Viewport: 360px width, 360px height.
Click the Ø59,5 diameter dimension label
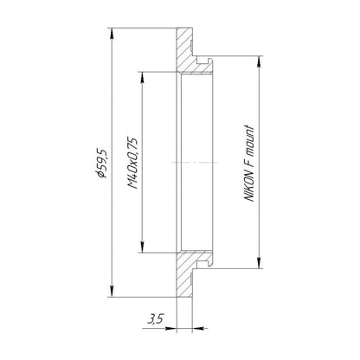[x=102, y=163]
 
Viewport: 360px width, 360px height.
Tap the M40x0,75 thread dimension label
[x=132, y=163]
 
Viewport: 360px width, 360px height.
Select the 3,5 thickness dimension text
[x=156, y=319]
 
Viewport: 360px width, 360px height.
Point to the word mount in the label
[x=249, y=140]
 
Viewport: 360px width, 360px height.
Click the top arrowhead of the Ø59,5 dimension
[x=112, y=34]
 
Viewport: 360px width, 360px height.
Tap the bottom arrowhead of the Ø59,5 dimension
[x=112, y=291]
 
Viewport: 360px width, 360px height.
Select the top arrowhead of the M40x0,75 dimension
[x=142, y=77]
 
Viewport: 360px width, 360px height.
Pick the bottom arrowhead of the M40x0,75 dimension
[x=142, y=247]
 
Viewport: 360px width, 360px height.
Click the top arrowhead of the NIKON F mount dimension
[x=260, y=61]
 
